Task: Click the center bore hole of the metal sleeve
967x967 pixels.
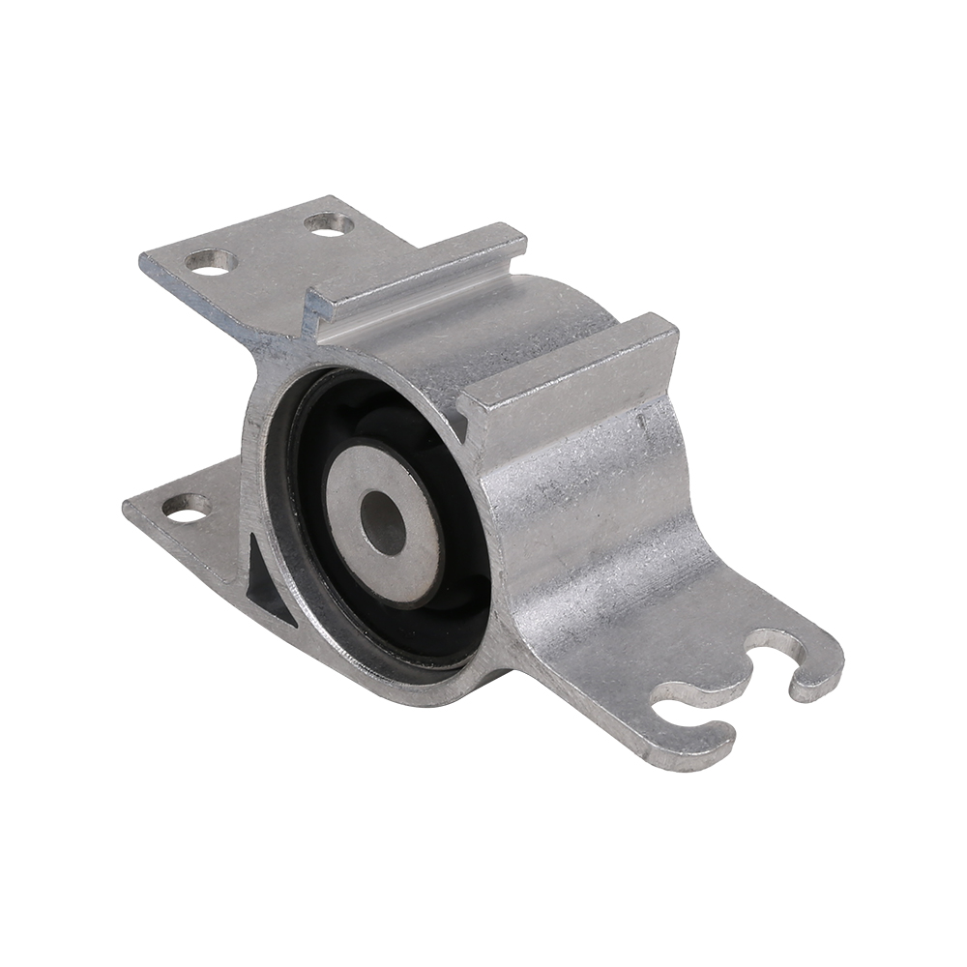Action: click(383, 523)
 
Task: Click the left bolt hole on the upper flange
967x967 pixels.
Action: click(211, 260)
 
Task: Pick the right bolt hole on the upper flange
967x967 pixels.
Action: click(329, 224)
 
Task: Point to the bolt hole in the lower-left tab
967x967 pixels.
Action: click(187, 507)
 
